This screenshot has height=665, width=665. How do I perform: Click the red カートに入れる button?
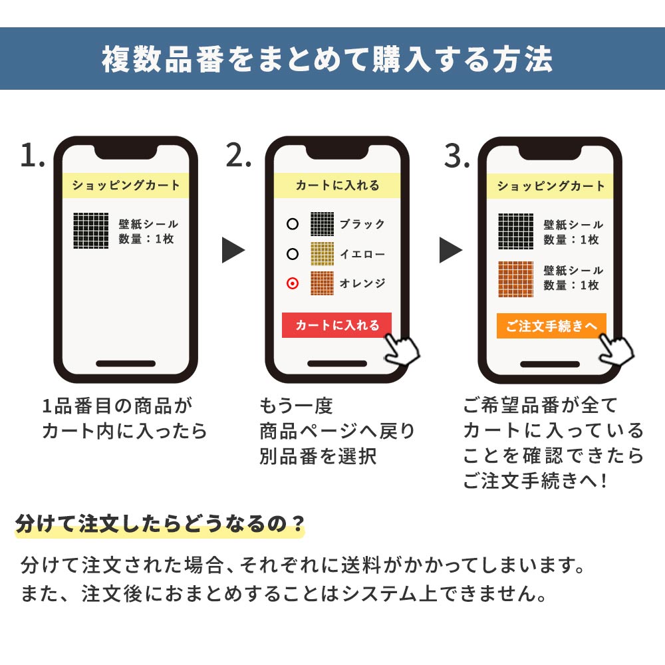coord(336,325)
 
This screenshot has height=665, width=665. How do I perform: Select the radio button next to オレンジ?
coord(292,284)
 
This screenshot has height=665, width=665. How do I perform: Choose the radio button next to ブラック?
coord(292,224)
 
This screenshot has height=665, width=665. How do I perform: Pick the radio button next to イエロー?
coord(292,254)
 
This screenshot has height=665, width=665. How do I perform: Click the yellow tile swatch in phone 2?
coord(323,254)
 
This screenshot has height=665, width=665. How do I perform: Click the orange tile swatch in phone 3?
coord(515,278)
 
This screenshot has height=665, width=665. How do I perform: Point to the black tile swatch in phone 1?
coord(91,231)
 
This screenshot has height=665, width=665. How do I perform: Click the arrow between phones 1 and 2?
coord(233,251)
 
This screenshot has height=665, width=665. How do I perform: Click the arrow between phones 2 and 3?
coord(451,251)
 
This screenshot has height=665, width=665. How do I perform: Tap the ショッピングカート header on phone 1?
coord(126,186)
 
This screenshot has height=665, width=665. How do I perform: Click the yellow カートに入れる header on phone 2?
coord(337,186)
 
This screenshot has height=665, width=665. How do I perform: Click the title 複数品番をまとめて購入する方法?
coord(327,60)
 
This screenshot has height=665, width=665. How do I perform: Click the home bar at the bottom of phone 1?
coord(126,364)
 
